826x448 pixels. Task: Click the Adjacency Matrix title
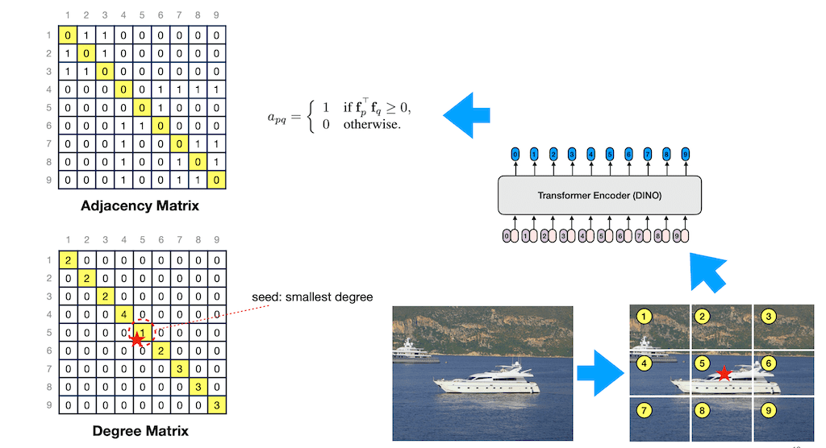click(140, 206)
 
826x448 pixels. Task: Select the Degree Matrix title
click(140, 431)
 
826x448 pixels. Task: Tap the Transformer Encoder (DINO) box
click(600, 195)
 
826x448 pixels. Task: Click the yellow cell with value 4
click(123, 313)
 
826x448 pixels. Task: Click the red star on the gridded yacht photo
click(724, 373)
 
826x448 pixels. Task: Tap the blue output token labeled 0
click(515, 153)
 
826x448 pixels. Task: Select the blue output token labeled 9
click(685, 153)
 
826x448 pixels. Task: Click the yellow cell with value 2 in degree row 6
click(161, 351)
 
